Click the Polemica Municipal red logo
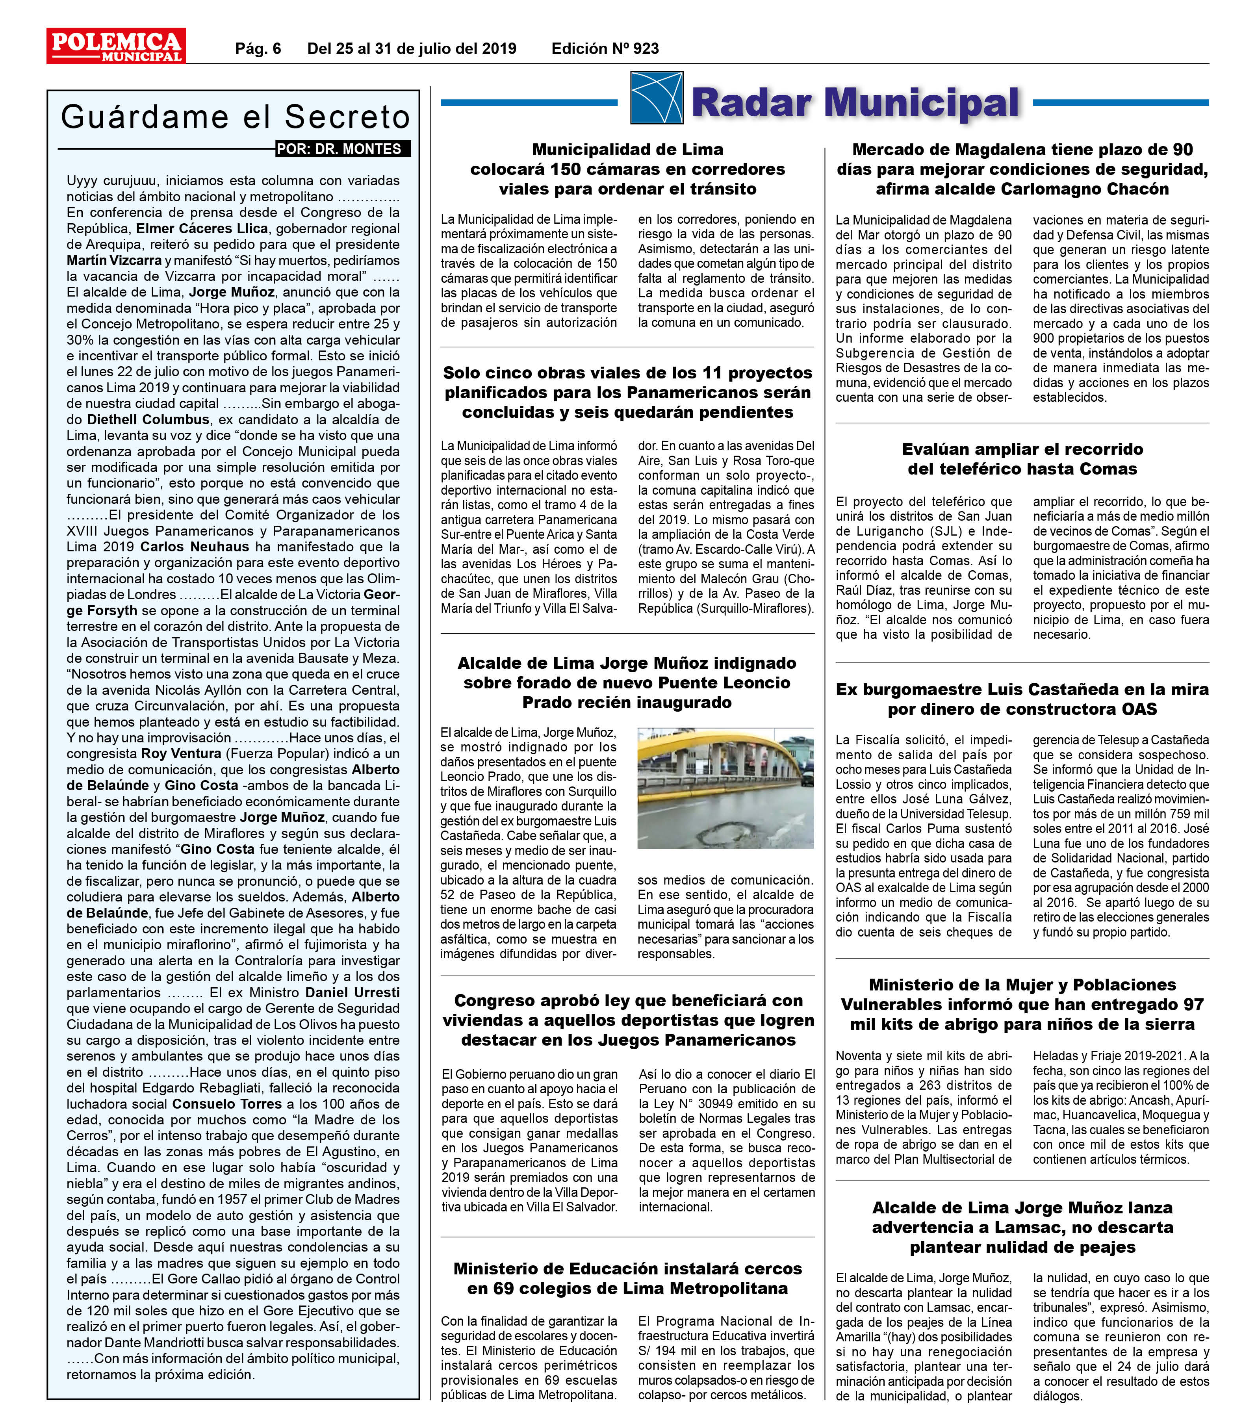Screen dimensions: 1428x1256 (116, 46)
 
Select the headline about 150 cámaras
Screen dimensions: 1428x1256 (627, 169)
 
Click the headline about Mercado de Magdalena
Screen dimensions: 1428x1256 (1022, 169)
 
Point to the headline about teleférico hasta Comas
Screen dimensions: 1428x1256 (1022, 459)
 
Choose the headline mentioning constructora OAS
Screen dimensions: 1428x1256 (1022, 699)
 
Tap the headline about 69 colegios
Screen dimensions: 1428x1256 (627, 1278)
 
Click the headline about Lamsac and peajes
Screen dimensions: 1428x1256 (1022, 1228)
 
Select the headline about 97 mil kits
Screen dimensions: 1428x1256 (1022, 1005)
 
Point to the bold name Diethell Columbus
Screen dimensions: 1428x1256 (148, 420)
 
